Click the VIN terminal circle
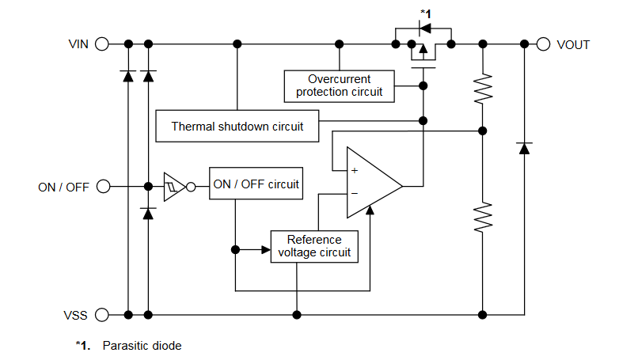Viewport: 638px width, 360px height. pos(102,44)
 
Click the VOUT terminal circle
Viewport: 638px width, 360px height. pos(543,44)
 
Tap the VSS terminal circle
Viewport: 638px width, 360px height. pos(102,315)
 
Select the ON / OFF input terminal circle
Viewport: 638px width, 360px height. pos(102,187)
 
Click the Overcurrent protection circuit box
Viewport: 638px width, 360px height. pos(339,85)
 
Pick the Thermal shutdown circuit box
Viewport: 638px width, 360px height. pos(237,126)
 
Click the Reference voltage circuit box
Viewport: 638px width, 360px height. pos(314,246)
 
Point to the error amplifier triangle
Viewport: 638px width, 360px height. pos(372,187)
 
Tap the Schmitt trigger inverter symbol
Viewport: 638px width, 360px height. pos(175,187)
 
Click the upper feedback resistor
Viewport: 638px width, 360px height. pos(483,89)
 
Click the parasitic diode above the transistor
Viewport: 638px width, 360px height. pos(425,29)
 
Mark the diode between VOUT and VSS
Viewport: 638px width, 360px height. pos(523,148)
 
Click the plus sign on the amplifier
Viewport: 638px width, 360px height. pos(354,171)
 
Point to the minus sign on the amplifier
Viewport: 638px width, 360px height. pos(354,193)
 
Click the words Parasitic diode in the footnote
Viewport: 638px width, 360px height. pos(142,346)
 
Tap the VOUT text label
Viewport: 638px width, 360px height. pos(573,45)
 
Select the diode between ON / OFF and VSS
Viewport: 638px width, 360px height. pos(148,213)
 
